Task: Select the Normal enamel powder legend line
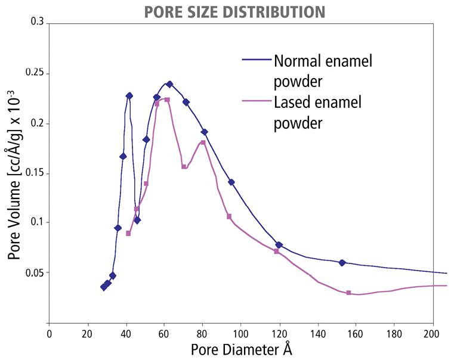point(257,60)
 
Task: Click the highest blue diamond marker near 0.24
point(169,84)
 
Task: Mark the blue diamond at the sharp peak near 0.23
point(129,95)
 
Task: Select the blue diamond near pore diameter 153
point(342,262)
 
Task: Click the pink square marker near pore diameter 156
point(348,293)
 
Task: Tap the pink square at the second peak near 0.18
point(203,142)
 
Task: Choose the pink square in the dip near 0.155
point(184,167)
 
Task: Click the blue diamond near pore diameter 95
point(231,182)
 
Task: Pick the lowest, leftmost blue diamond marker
point(104,287)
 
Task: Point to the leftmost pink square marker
point(128,233)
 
